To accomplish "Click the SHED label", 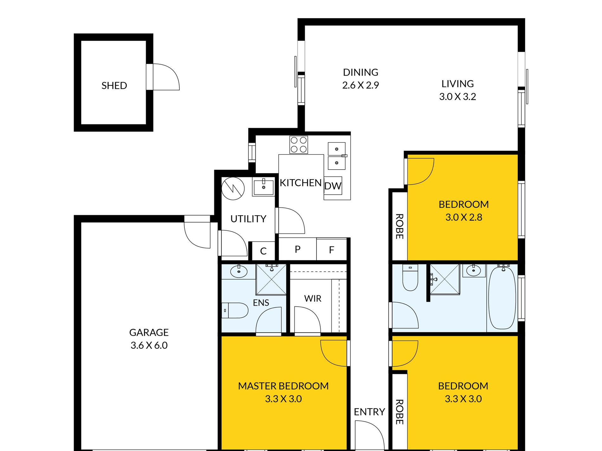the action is click(x=114, y=85).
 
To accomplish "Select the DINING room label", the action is click(x=361, y=72).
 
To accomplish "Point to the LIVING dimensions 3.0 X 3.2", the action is click(x=458, y=97).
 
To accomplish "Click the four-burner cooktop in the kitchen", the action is click(x=298, y=145).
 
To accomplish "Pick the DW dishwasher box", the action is click(x=333, y=185).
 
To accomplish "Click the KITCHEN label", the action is click(x=301, y=183).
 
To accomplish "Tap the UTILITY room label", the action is click(x=248, y=219).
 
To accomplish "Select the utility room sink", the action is click(x=264, y=187).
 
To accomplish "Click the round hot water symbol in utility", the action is click(x=233, y=189).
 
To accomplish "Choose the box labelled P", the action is click(x=298, y=249).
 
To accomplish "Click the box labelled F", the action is click(x=331, y=249).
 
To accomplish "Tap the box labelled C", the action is click(x=263, y=251).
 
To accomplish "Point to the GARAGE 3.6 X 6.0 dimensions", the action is click(x=149, y=345).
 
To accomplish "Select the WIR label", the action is click(x=313, y=298).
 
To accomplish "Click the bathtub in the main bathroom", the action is click(x=502, y=298).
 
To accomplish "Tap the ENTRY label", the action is click(x=369, y=412).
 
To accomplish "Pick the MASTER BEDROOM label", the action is click(x=283, y=386).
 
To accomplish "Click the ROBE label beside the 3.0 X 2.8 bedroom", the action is click(x=400, y=226).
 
